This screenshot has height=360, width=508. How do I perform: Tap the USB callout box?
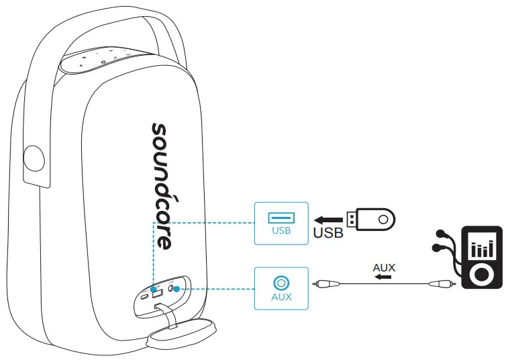point(281,222)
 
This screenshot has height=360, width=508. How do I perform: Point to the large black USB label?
point(328,234)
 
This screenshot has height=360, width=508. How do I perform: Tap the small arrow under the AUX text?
point(385,277)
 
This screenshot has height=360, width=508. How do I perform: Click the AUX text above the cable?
point(385,267)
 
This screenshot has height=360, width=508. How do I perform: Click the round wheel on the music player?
point(480,273)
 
